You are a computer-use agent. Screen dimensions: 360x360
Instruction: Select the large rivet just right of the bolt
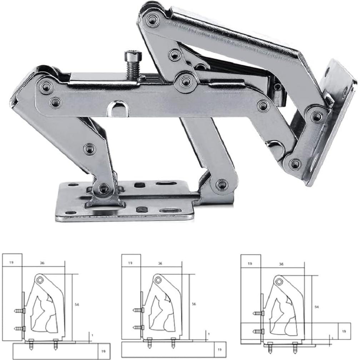[x=186, y=81]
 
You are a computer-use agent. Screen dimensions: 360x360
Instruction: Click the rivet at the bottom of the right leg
[x=222, y=185]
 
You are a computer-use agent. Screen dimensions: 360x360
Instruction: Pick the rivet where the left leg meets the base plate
[x=104, y=188]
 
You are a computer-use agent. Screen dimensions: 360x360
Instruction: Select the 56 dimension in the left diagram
[x=77, y=305]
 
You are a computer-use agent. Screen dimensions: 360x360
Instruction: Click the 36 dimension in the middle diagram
[x=160, y=264]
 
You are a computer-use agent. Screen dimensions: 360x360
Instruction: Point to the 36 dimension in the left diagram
[x=42, y=264]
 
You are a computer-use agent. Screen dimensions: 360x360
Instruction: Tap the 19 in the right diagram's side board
[x=344, y=331]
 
